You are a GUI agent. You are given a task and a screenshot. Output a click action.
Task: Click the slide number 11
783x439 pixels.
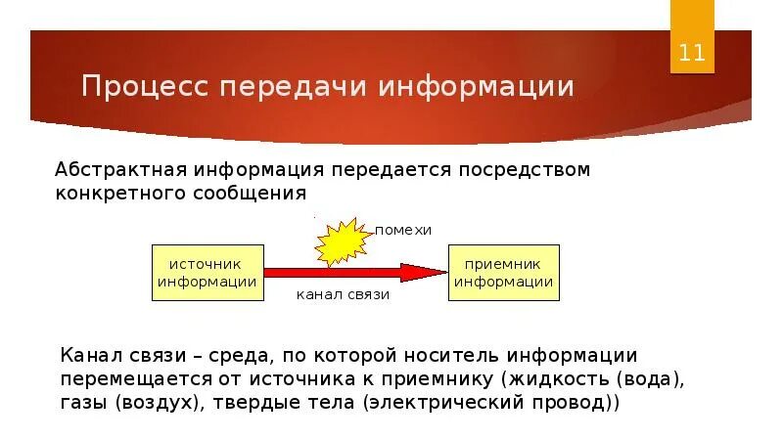click(692, 52)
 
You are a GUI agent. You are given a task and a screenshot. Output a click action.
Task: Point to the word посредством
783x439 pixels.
click(520, 170)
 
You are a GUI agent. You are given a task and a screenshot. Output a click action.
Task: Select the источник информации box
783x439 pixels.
click(207, 273)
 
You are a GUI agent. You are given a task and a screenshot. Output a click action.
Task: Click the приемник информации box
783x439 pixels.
click(507, 273)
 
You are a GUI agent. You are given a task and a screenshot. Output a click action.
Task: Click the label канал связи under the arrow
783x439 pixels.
click(343, 294)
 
